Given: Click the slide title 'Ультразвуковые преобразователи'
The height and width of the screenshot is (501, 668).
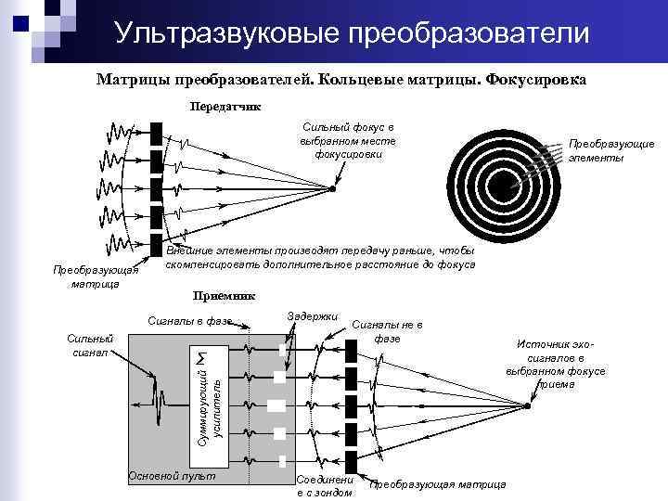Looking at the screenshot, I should point(353,34).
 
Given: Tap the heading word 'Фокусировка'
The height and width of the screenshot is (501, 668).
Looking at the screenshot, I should point(535,80).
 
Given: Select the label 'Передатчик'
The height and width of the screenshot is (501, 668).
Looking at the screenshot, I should point(225,106).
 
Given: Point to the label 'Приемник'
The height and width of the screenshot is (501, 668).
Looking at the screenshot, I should point(225,296).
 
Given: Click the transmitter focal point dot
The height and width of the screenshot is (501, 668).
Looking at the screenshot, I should point(332,188).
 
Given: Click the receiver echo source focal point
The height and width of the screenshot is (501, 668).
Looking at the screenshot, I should point(528,405).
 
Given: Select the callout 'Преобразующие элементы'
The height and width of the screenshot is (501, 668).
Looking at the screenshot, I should point(611,150).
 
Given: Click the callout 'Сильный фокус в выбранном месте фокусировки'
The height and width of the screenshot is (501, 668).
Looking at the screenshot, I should point(347,140).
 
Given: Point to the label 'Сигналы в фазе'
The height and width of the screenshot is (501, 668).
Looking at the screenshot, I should point(190,321).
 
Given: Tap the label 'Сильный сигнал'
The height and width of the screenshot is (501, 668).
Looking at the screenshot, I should point(90,345).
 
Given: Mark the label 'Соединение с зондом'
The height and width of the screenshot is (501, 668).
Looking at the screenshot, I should point(324,486).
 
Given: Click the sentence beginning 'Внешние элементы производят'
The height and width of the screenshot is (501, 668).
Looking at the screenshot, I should point(320,258).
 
